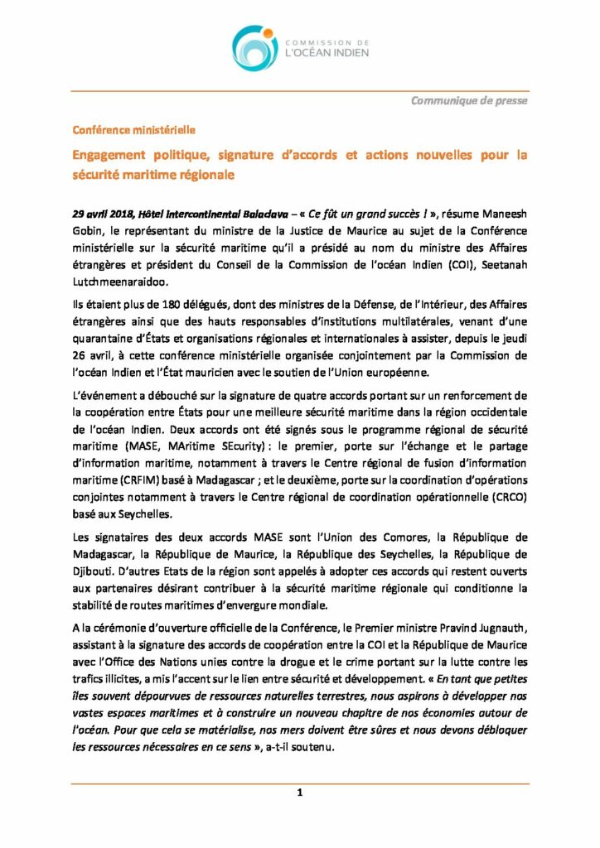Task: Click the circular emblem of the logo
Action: point(254,47)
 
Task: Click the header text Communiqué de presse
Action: point(469,101)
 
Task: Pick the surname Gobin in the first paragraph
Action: point(88,229)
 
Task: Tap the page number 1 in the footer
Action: point(300,793)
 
